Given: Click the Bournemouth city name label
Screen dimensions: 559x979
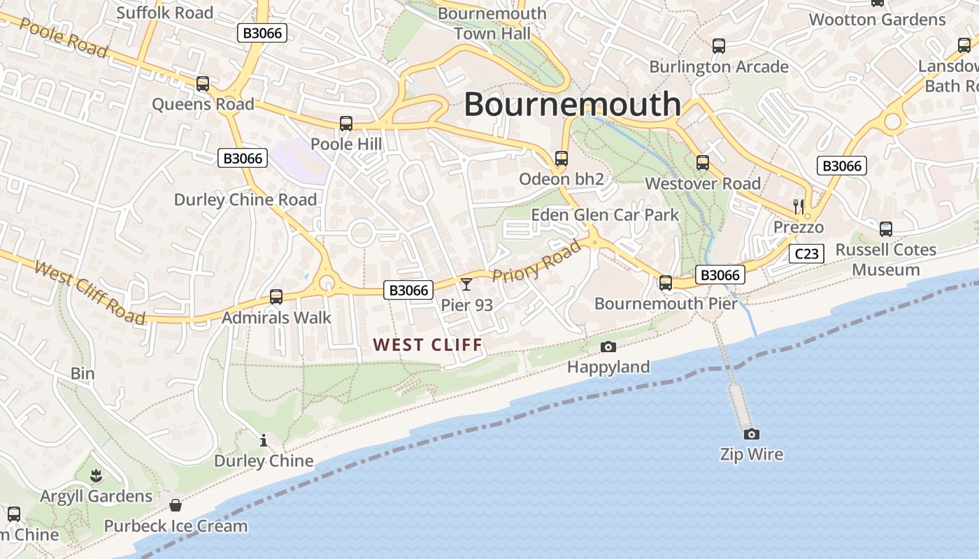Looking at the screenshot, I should [x=572, y=105].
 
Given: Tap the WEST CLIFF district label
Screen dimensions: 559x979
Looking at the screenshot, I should [x=428, y=344].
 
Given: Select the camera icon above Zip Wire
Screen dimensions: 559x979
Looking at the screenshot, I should [x=751, y=434].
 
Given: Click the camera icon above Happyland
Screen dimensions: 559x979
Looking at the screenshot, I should [x=608, y=347].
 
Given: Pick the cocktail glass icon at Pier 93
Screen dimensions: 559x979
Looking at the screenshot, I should [x=466, y=284].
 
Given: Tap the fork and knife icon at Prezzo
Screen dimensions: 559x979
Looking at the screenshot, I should [x=799, y=206].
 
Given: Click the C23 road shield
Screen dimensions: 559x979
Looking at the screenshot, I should [x=806, y=254].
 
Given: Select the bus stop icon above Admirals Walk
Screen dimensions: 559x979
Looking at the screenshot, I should [x=276, y=297].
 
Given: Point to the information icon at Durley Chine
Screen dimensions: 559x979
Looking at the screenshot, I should [x=264, y=440].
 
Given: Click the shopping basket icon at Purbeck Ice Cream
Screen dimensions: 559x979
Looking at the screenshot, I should [x=176, y=504].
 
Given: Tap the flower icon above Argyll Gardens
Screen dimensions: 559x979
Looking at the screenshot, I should [x=96, y=476].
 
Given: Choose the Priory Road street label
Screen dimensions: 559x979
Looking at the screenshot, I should [x=536, y=261].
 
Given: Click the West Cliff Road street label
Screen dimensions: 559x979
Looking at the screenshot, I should [x=90, y=293].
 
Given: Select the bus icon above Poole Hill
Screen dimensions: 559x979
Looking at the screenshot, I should [x=345, y=124].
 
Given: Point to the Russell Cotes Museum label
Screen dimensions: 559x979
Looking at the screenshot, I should [x=885, y=259].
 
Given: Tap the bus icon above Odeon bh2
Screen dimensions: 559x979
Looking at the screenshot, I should [x=561, y=159].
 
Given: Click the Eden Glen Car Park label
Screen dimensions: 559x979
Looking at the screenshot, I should [x=605, y=215].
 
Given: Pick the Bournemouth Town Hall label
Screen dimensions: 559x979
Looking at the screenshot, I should [x=492, y=23].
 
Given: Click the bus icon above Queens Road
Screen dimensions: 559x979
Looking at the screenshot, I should [x=203, y=84].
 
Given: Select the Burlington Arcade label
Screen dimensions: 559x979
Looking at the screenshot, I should [x=719, y=67].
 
